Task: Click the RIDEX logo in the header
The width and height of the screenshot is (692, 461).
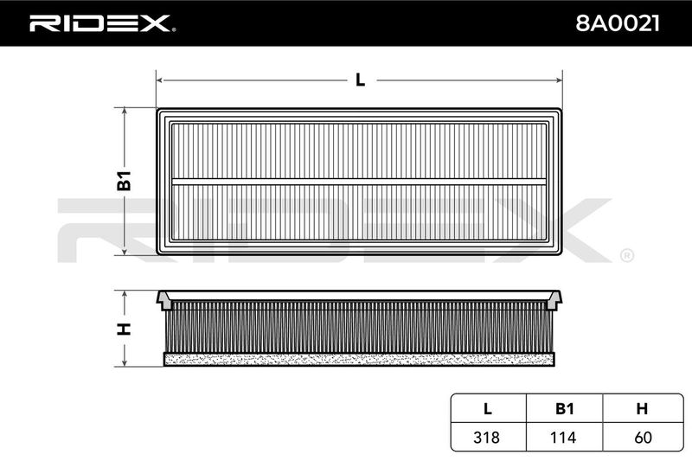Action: [102, 23]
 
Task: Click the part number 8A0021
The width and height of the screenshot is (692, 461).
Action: [618, 23]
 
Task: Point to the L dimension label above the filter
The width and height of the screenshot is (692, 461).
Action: [360, 80]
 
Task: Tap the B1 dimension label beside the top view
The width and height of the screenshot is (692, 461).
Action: [124, 180]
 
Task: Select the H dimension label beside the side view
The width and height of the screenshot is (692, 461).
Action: [124, 329]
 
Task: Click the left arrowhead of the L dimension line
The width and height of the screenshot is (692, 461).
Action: [160, 80]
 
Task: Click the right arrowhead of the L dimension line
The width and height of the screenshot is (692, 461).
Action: [559, 80]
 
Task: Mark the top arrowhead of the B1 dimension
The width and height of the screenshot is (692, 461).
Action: [125, 111]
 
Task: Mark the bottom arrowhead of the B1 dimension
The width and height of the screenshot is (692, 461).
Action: [125, 251]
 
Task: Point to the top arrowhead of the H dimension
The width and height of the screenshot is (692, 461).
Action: [125, 294]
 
